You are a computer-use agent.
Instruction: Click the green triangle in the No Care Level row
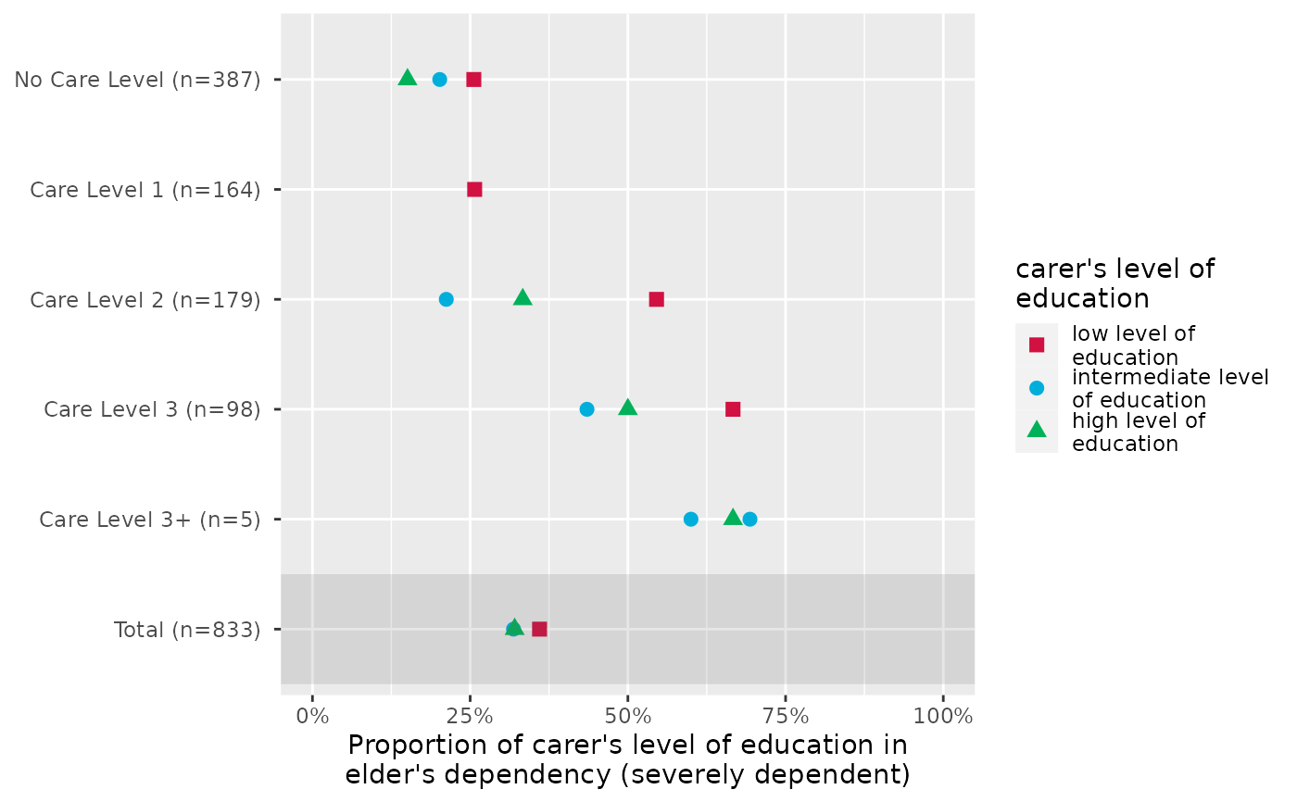[x=407, y=78]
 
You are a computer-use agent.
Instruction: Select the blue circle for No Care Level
[x=440, y=80]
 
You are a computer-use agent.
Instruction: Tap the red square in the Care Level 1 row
[x=474, y=190]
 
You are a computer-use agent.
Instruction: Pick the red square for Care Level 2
[x=657, y=299]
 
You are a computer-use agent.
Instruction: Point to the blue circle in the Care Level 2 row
[x=446, y=299]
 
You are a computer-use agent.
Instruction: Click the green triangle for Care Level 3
[x=627, y=407]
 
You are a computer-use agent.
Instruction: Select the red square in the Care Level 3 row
[x=733, y=409]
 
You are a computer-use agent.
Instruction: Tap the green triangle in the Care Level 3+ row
[x=732, y=517]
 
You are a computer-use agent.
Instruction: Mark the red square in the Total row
[x=539, y=630]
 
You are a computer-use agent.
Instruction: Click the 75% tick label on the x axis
[x=786, y=717]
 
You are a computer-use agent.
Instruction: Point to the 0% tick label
[x=312, y=717]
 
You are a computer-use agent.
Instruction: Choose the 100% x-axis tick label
[x=943, y=717]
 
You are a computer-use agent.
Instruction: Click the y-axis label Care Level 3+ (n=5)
[x=148, y=520]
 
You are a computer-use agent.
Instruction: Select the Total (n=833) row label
[x=186, y=630]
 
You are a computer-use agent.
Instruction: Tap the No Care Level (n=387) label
[x=136, y=80]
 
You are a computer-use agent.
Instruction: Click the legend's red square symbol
[x=1037, y=345]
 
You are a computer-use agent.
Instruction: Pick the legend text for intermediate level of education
[x=1169, y=388]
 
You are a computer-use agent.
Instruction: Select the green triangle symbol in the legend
[x=1037, y=429]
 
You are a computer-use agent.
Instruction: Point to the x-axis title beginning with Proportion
[x=627, y=759]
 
